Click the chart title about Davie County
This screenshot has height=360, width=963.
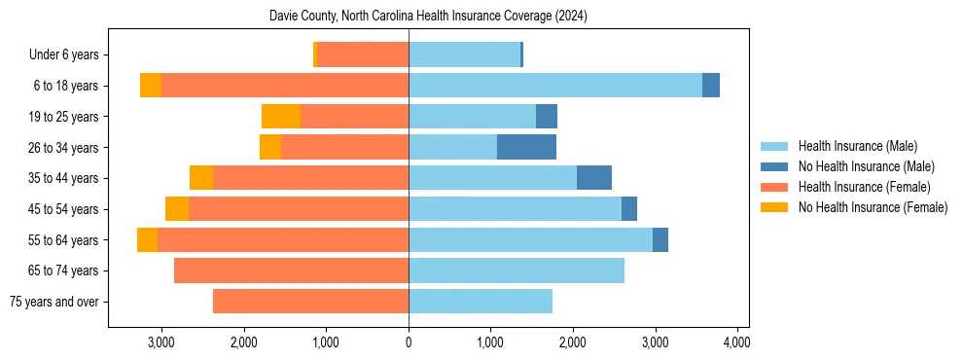[428, 17]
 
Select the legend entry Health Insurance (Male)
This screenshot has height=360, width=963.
[857, 146]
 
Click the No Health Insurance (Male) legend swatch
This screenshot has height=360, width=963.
[775, 166]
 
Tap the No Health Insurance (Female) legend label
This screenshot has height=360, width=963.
[873, 207]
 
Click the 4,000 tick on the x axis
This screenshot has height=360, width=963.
[737, 342]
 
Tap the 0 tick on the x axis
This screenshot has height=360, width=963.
[409, 342]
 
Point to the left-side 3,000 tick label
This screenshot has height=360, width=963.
[160, 342]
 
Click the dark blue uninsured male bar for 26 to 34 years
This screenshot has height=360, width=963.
[526, 147]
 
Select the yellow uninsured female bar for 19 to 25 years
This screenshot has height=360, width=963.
[281, 117]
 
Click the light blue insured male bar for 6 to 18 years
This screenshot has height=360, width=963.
[554, 86]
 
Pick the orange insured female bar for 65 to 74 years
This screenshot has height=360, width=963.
[291, 270]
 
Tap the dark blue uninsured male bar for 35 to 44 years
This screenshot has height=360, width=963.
[594, 178]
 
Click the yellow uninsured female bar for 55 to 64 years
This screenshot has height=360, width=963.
[147, 239]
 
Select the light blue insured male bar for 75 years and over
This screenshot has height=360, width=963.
[481, 302]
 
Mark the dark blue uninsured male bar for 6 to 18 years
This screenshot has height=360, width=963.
[711, 86]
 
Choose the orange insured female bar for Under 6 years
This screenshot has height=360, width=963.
[363, 55]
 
